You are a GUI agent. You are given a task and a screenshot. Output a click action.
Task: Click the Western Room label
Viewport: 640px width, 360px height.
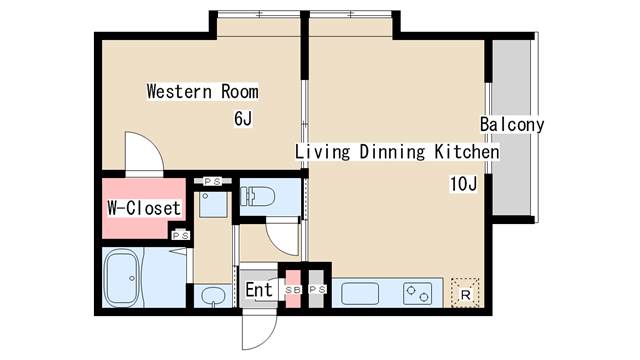tap(202, 91)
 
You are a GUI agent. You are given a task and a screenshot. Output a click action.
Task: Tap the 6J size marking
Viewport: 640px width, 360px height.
tap(243, 118)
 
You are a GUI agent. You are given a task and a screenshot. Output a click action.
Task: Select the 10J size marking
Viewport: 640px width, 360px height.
tap(463, 184)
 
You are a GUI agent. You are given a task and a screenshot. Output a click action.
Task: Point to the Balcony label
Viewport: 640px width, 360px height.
tap(512, 124)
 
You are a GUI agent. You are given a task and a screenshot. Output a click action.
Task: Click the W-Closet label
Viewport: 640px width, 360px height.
tap(144, 208)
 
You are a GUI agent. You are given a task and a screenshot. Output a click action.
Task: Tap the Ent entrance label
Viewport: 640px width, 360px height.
tap(259, 290)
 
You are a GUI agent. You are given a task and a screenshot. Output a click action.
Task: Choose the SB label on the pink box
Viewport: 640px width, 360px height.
tap(293, 290)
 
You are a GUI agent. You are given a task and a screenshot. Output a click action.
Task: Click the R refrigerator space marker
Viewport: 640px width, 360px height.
tap(465, 295)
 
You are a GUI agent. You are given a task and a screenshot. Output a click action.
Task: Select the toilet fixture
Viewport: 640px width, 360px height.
tap(257, 196)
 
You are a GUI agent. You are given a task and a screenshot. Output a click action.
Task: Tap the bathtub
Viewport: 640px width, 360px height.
tap(122, 278)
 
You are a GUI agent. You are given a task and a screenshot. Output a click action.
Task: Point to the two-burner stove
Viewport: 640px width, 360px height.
tap(417, 293)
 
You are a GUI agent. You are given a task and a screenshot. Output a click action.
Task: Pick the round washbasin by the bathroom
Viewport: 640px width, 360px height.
tap(213, 296)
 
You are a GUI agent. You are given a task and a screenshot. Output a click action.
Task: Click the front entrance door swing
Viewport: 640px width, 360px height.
tap(260, 329)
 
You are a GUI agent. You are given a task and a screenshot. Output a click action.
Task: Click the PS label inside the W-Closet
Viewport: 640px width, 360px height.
tap(181, 236)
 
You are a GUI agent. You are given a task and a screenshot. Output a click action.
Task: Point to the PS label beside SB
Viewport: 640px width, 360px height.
tap(318, 290)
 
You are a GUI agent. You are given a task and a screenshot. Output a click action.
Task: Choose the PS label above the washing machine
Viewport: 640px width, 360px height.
tap(212, 181)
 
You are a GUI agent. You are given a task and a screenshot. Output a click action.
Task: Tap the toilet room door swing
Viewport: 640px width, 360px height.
tap(283, 237)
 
